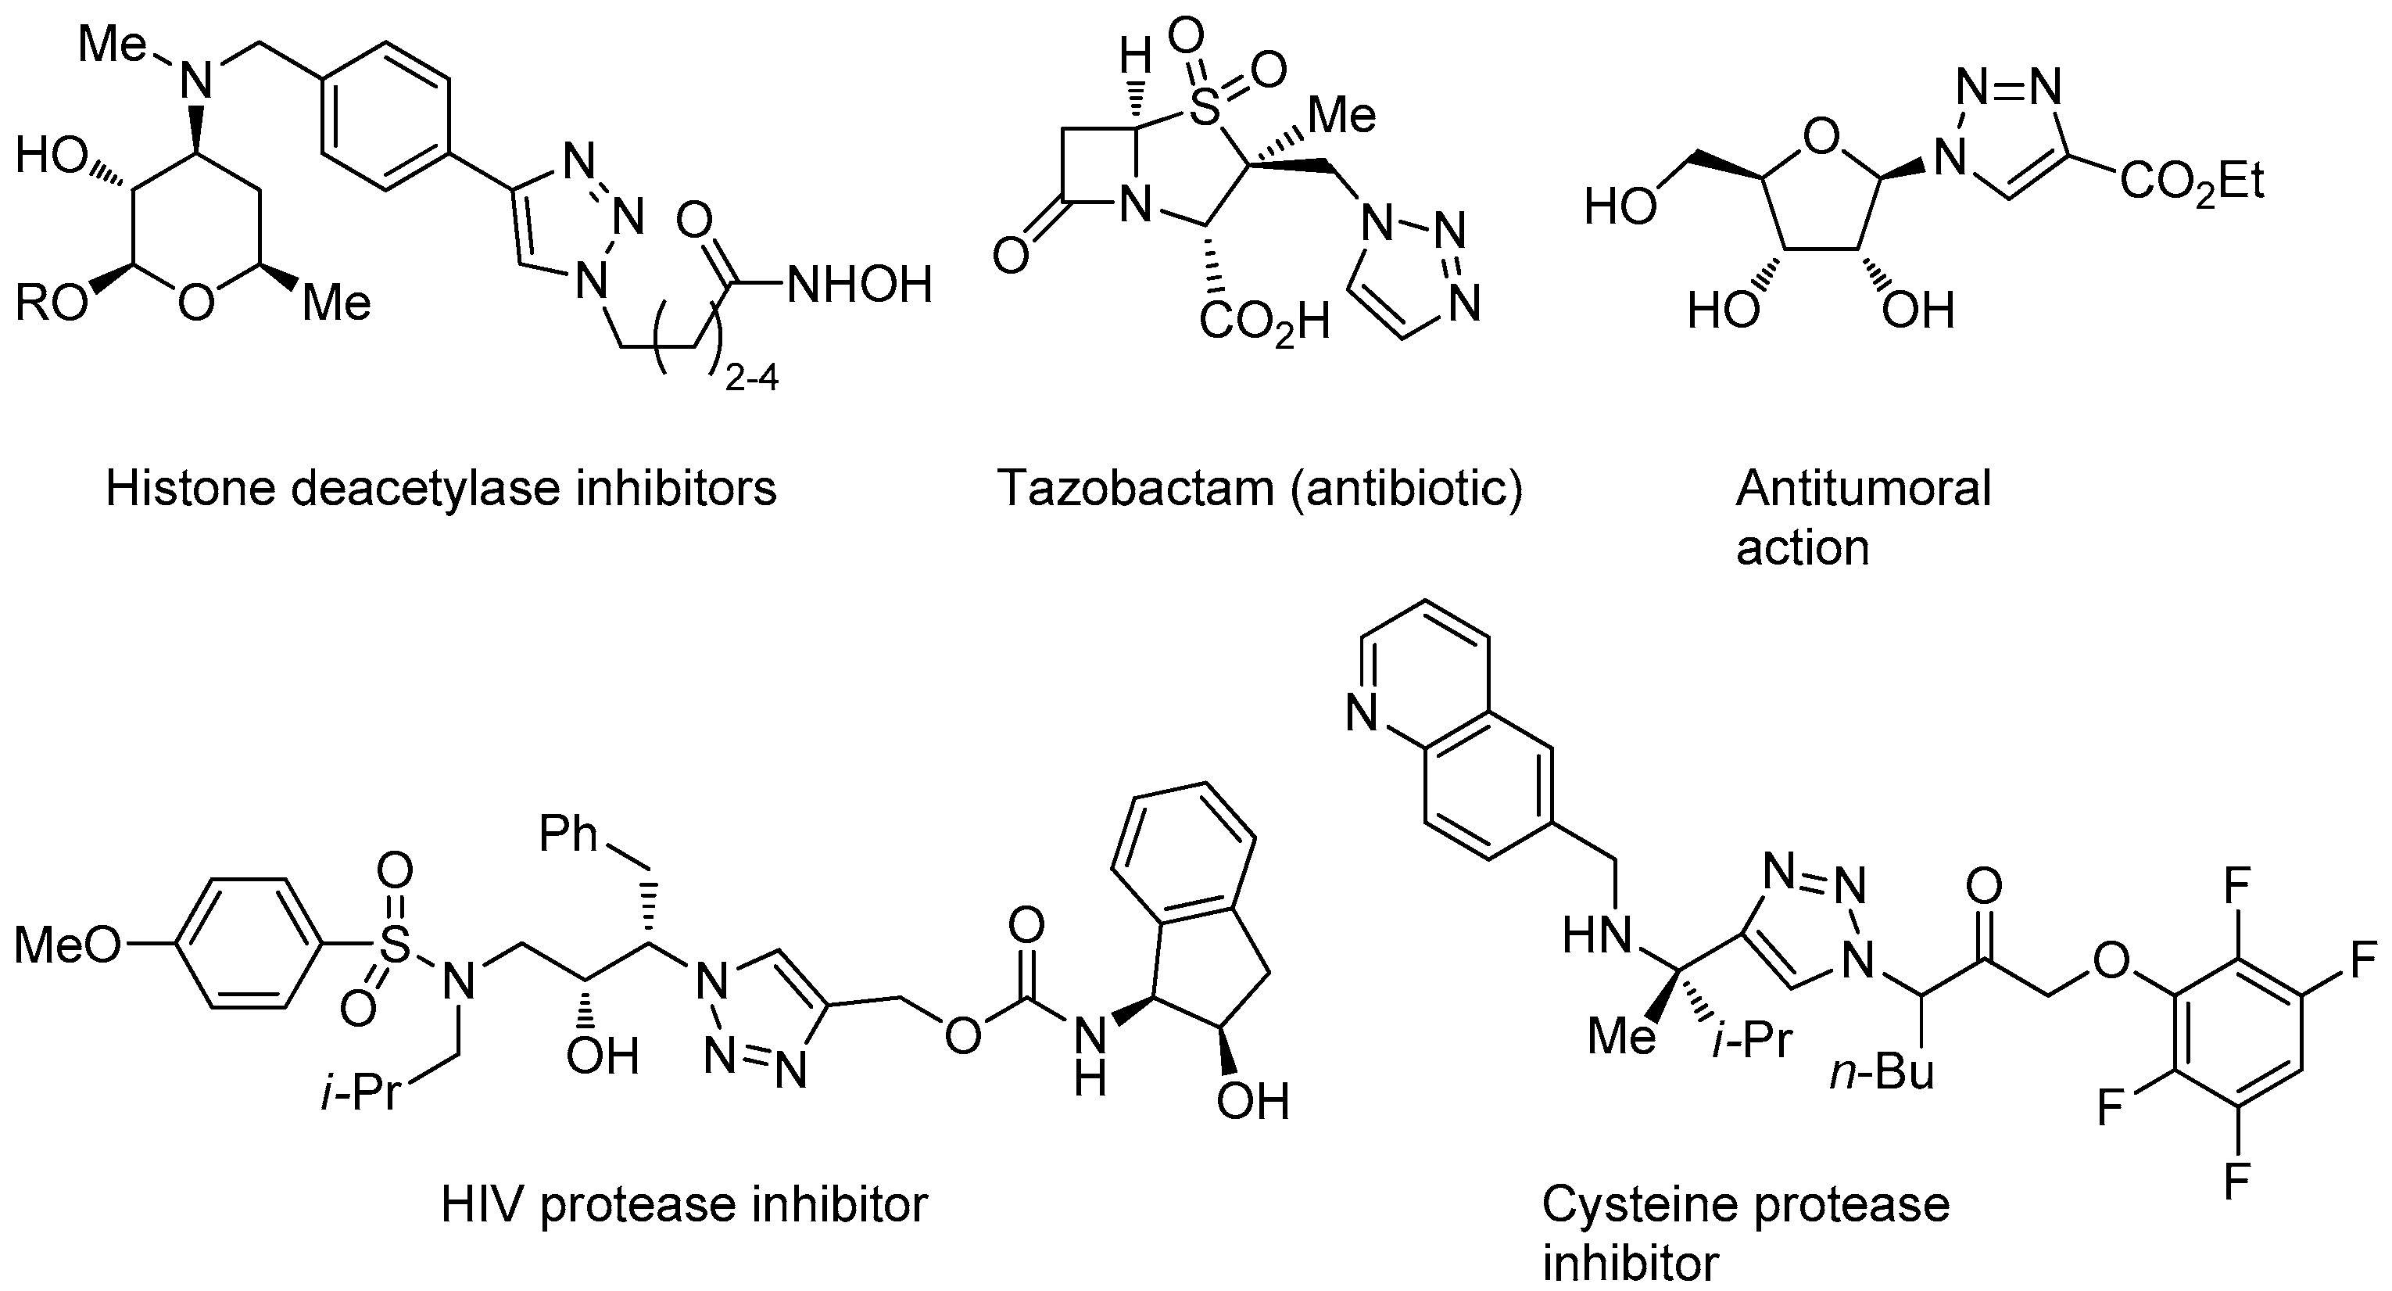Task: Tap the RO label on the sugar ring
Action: click(x=50, y=303)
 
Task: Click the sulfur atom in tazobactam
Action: click(x=1205, y=109)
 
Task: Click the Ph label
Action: click(x=568, y=833)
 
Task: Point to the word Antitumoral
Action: click(x=1863, y=488)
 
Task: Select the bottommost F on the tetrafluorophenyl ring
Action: click(x=2237, y=1182)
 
